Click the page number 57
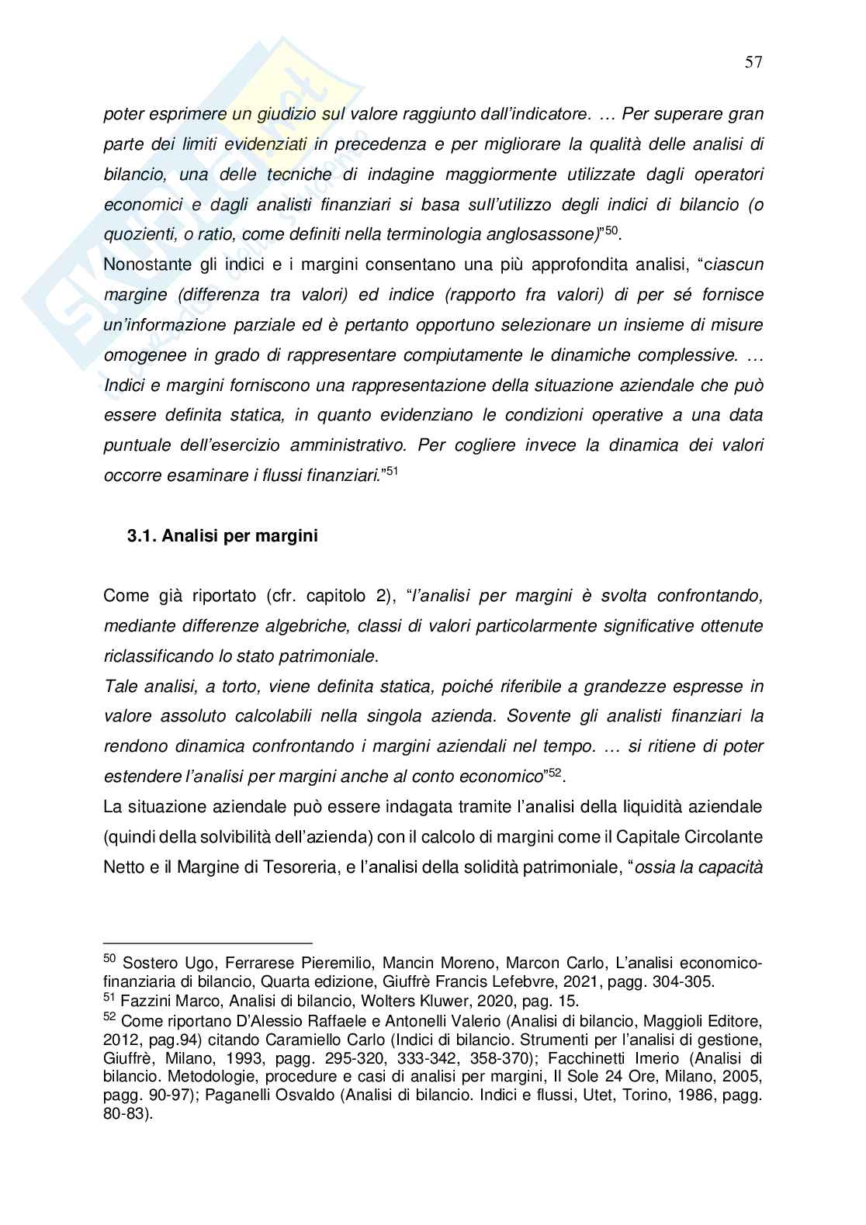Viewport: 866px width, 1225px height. click(x=753, y=63)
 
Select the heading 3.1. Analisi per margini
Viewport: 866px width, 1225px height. click(x=223, y=536)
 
